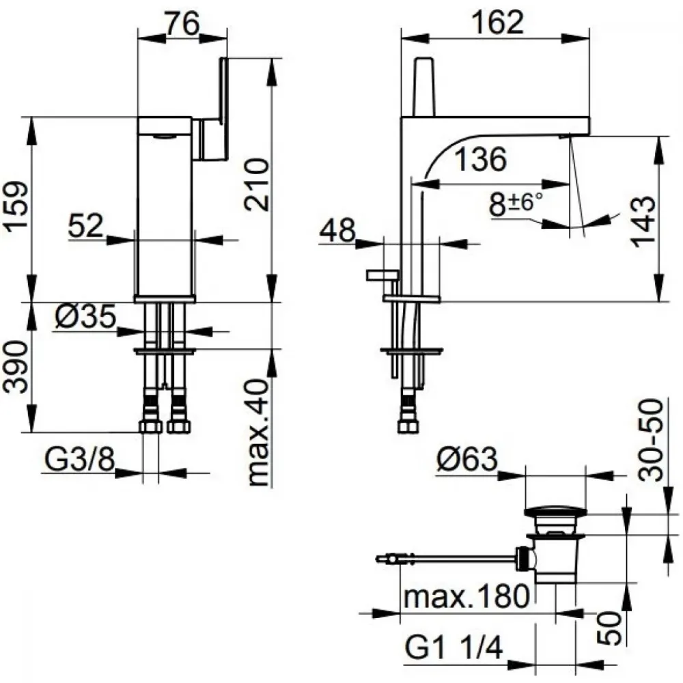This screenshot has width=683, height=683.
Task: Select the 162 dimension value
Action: tap(498, 23)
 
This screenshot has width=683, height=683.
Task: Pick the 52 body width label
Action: tap(86, 225)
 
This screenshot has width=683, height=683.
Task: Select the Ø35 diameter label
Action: tap(86, 316)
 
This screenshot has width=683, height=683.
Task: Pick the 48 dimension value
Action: tap(337, 230)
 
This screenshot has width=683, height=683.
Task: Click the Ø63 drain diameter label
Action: tap(466, 459)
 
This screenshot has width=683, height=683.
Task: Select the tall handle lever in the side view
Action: tap(426, 87)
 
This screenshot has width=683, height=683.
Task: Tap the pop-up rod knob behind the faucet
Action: tap(383, 275)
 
